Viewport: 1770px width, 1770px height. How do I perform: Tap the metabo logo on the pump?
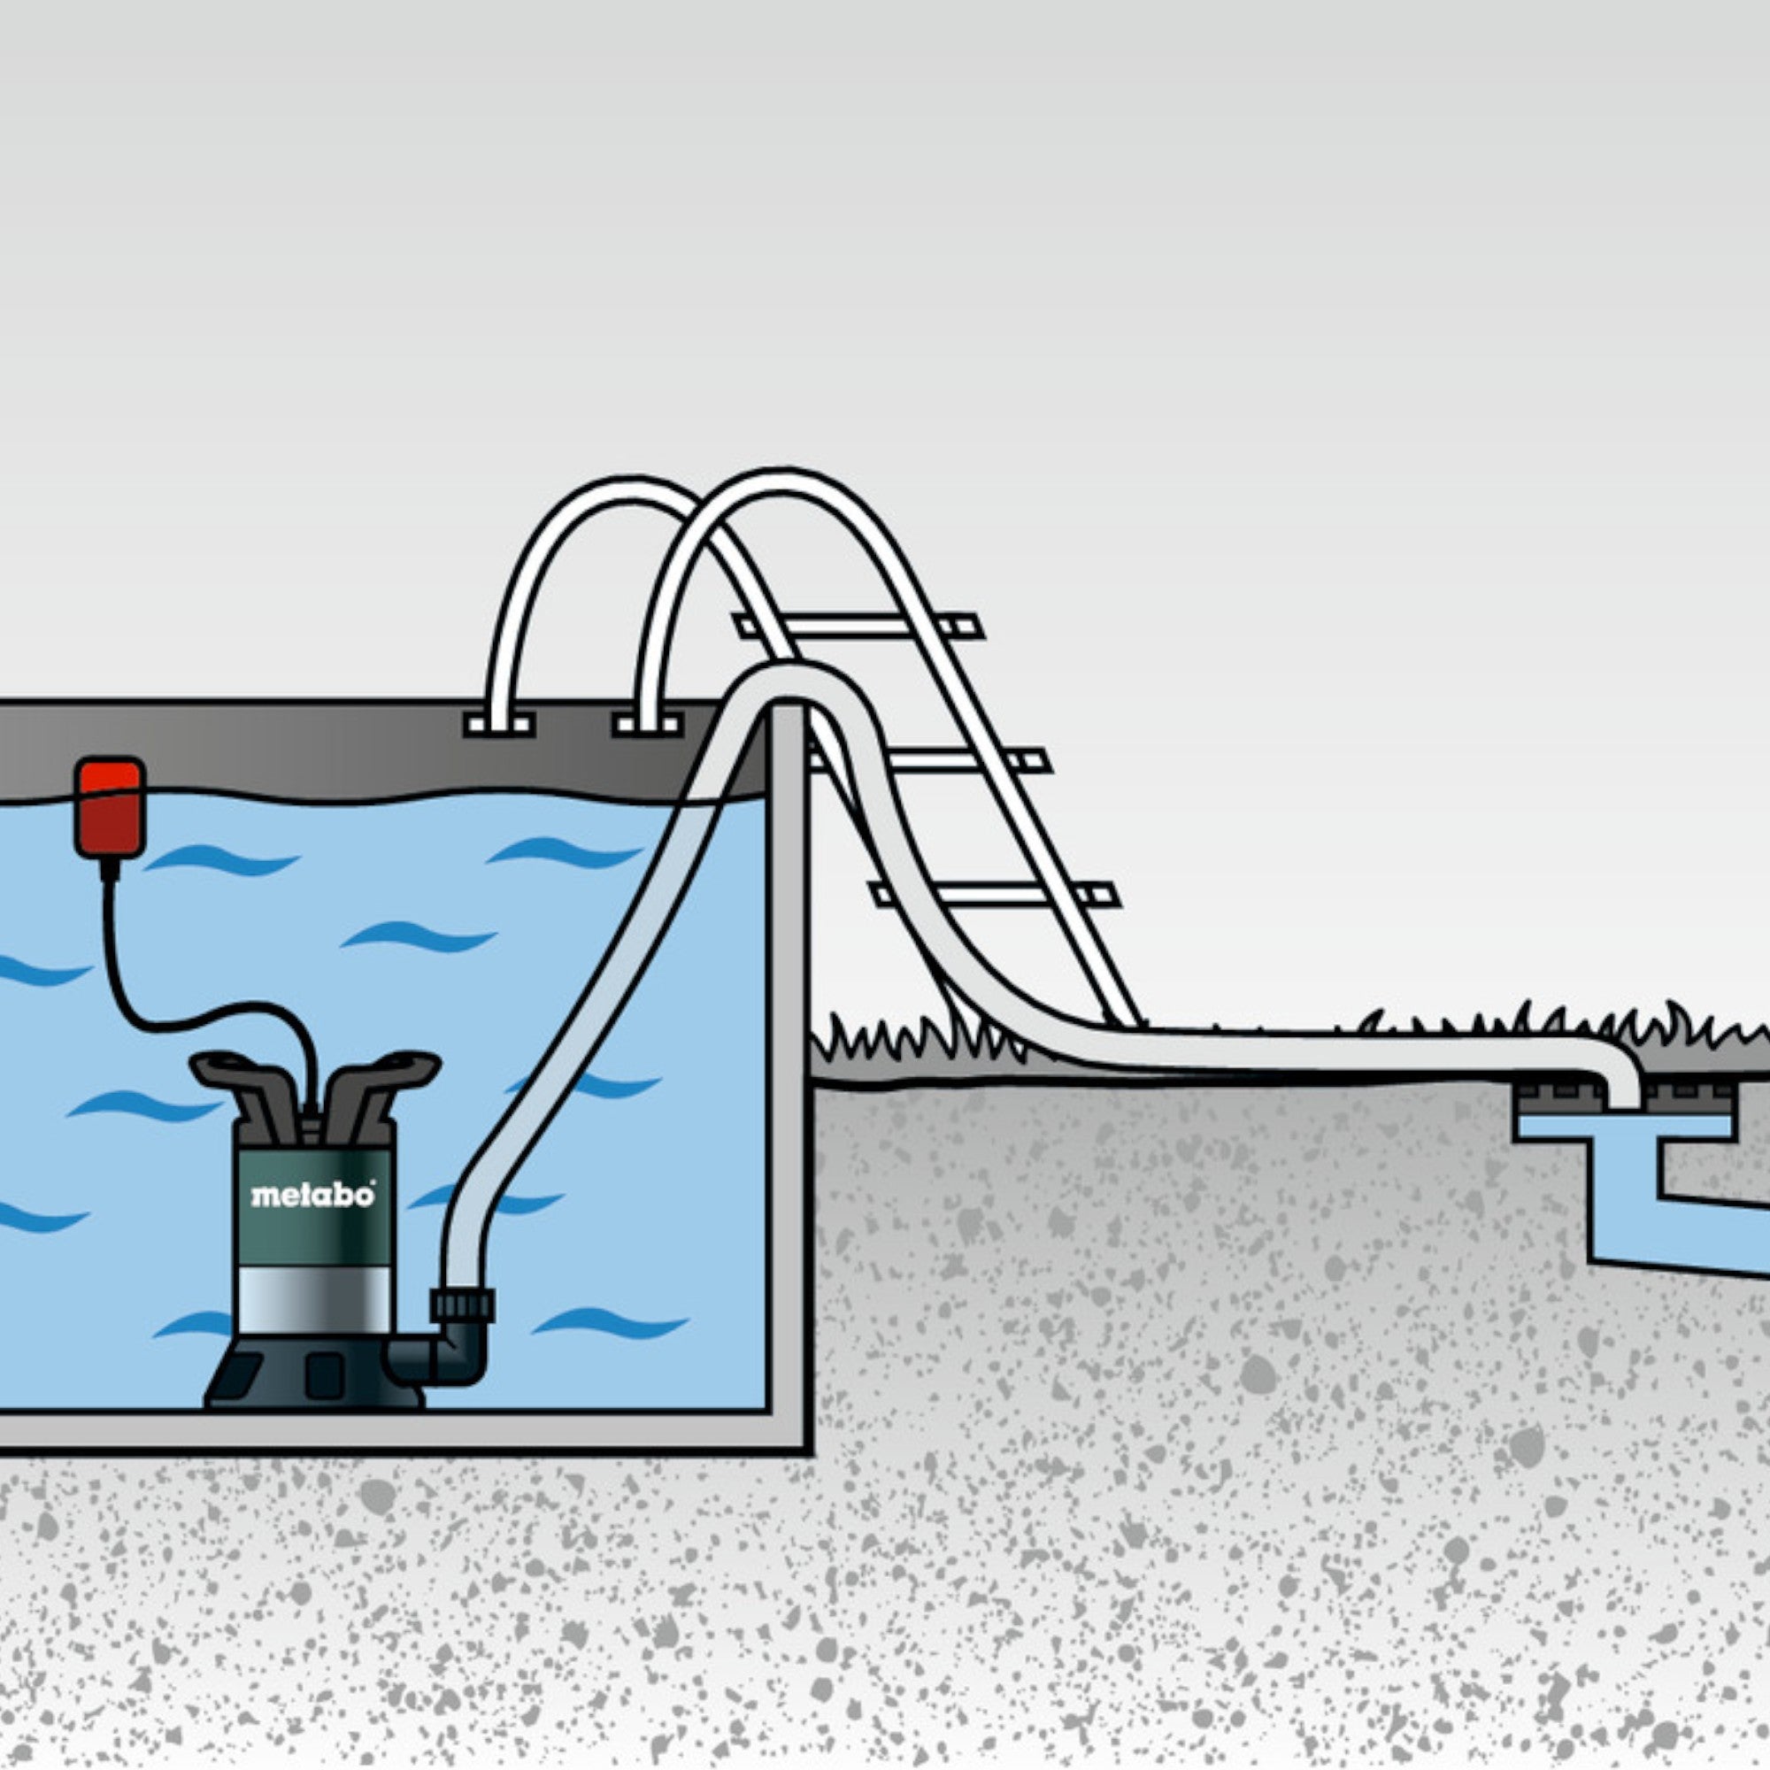(x=312, y=1196)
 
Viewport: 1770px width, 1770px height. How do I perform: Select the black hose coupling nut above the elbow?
(x=463, y=1304)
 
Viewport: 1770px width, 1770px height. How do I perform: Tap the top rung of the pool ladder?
(x=861, y=627)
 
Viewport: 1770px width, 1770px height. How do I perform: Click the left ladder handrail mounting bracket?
(x=499, y=726)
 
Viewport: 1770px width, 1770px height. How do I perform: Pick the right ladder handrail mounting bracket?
(x=647, y=726)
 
